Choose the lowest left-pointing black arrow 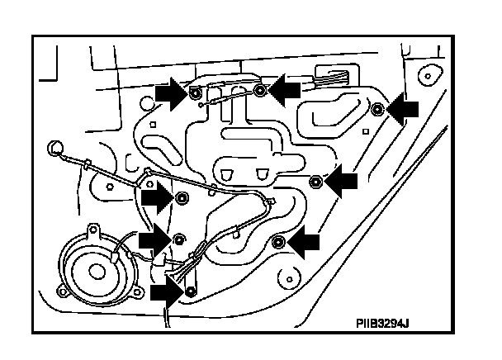pyautogui.click(x=303, y=241)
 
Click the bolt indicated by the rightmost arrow pyautogui.click(x=376, y=107)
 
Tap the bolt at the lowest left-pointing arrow pyautogui.click(x=277, y=241)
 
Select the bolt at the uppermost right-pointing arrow pyautogui.click(x=193, y=92)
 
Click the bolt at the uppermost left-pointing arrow pyautogui.click(x=259, y=88)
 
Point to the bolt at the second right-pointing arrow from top pyautogui.click(x=181, y=197)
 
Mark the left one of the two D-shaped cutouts pyautogui.click(x=229, y=173)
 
